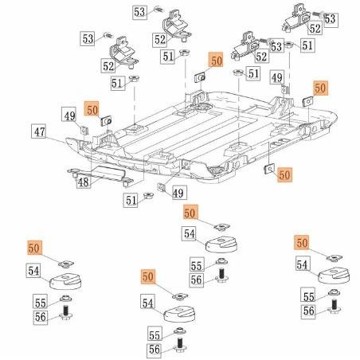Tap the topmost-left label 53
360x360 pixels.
139,12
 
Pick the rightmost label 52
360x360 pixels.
315,28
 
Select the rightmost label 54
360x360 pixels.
303,264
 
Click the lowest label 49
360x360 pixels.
178,194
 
